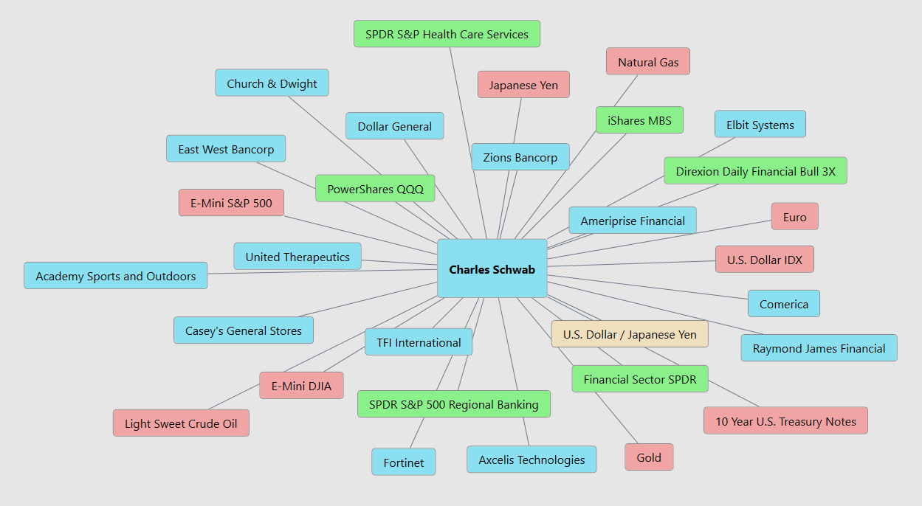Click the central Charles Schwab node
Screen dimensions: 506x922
click(492, 268)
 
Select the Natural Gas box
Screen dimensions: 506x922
click(647, 62)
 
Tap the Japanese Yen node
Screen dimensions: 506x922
click(523, 85)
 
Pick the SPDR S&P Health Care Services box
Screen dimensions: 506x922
click(447, 34)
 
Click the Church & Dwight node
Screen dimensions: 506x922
click(272, 83)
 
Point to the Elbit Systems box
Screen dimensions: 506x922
click(760, 125)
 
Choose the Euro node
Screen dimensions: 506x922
click(794, 217)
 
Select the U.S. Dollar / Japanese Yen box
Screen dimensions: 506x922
click(629, 334)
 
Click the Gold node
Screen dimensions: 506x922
click(648, 457)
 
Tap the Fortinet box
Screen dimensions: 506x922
click(403, 462)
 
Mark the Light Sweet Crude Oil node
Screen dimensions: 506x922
click(181, 423)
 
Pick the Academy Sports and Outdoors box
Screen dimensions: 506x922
click(116, 276)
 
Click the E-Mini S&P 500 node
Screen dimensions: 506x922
click(231, 203)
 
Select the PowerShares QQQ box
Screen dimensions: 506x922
click(375, 189)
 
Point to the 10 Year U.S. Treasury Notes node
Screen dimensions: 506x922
click(785, 421)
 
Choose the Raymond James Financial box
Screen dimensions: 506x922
click(819, 348)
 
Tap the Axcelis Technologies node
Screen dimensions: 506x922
click(531, 460)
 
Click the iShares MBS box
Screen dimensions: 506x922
click(639, 120)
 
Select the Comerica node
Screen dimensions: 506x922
click(783, 304)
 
